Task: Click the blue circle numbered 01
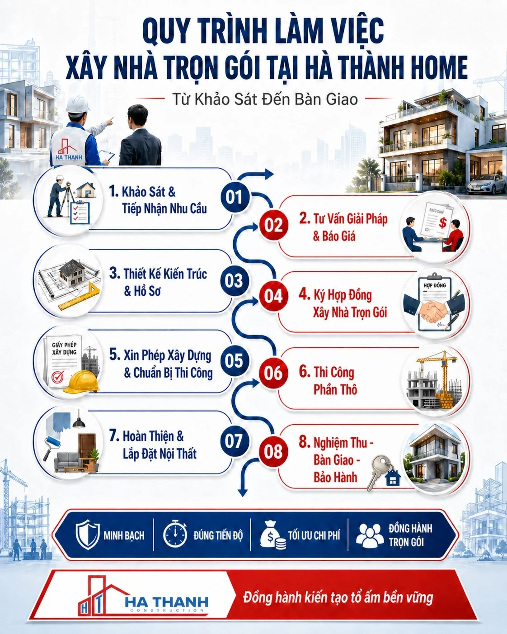point(235,197)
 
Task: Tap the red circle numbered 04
point(273,296)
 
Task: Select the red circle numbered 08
point(273,451)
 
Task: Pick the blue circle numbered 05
point(235,360)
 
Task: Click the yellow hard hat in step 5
point(80,382)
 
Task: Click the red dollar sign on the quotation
point(442,223)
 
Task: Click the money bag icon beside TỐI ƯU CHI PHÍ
point(272,535)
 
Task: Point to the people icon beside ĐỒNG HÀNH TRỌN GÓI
point(370,535)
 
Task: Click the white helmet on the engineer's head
point(77,104)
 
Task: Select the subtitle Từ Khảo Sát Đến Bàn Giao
point(265,99)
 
